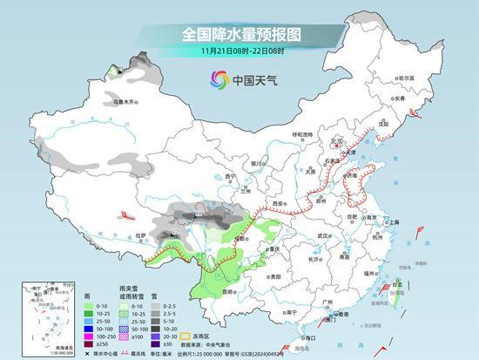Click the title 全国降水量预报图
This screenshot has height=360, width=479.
pos(240,34)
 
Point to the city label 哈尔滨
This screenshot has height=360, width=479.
pos(407,78)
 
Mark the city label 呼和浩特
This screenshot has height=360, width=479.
pos(301,134)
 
